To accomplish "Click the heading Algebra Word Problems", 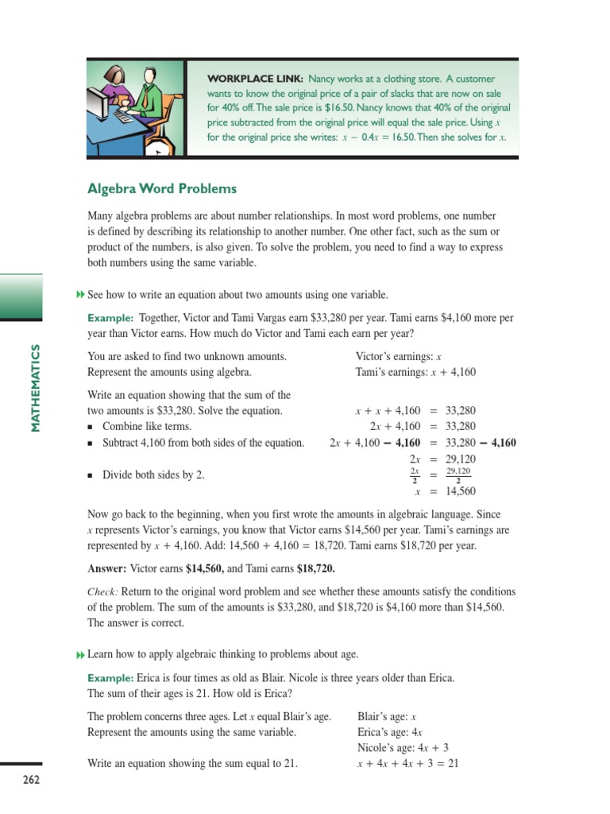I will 162,189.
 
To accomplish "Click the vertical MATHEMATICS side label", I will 36,388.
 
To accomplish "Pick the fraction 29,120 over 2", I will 458,475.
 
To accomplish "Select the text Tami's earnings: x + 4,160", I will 415,372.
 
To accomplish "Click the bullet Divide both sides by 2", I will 153,475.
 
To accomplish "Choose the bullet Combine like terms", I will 147,427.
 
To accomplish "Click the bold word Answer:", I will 106,568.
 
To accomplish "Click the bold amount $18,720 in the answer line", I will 315,568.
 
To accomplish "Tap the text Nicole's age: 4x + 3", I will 403,748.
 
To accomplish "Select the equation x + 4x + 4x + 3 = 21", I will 407,764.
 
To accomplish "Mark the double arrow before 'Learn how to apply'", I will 80,654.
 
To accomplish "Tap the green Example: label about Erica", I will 110,677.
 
